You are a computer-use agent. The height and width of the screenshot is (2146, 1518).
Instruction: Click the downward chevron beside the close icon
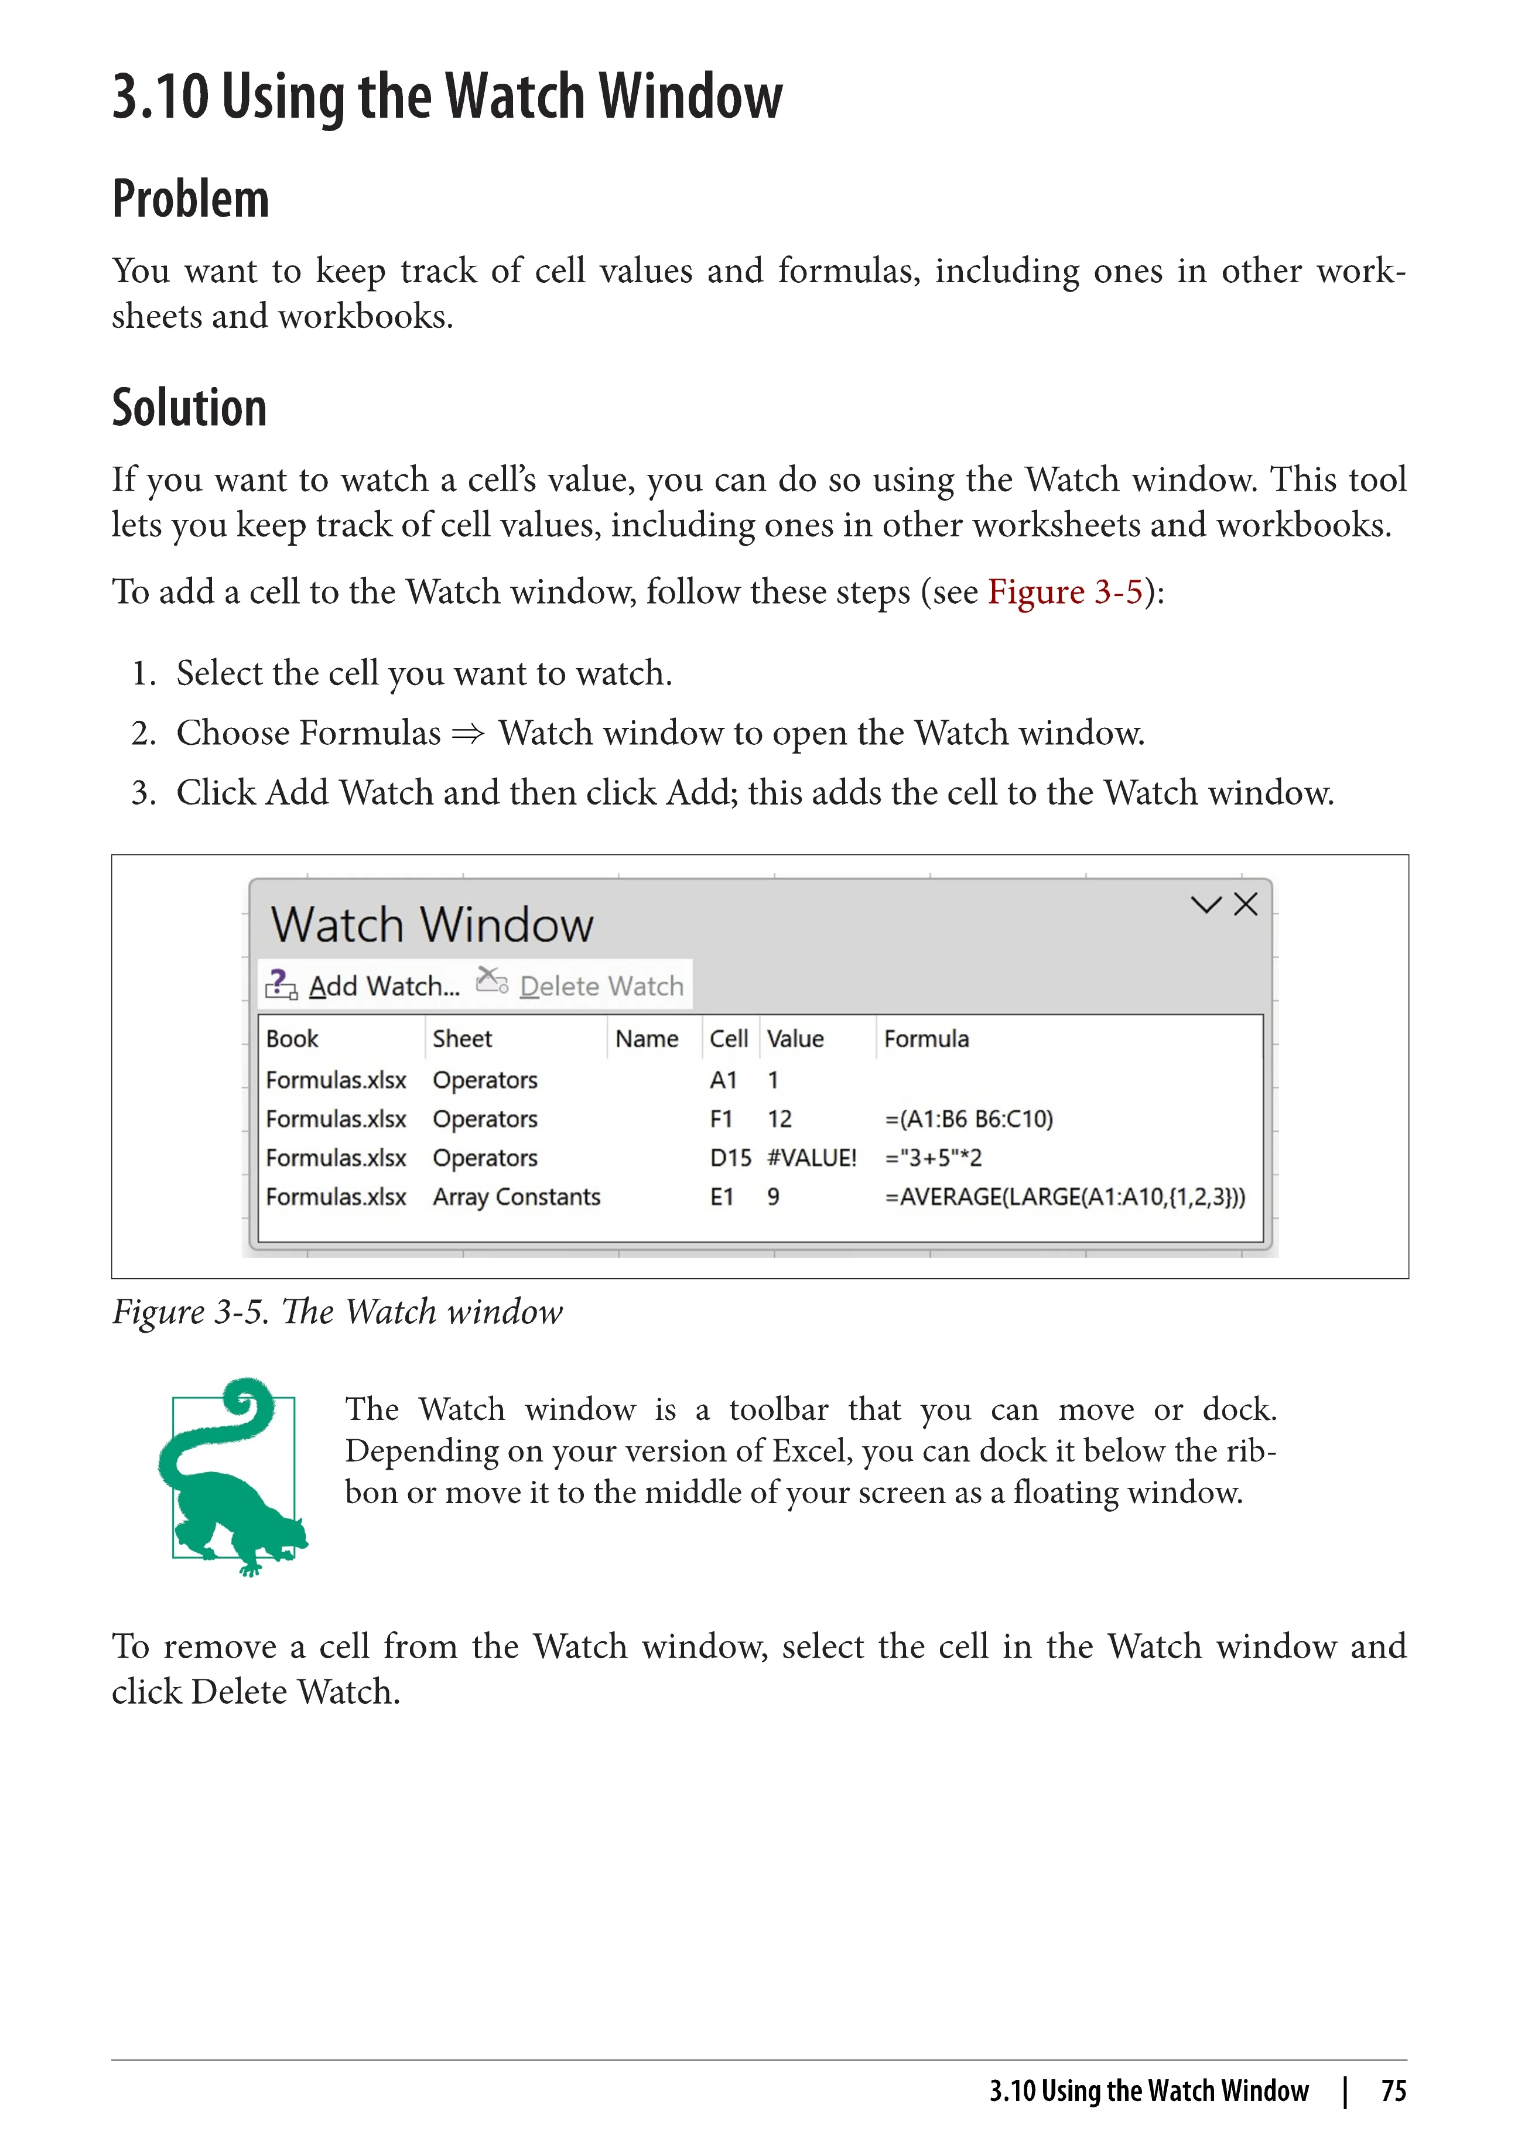click(x=1206, y=904)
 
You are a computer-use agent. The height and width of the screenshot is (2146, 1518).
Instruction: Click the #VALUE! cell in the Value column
click(x=811, y=1158)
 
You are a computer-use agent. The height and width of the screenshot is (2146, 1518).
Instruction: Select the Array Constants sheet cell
click(x=516, y=1197)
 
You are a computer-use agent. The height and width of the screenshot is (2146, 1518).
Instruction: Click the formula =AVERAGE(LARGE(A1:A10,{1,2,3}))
click(x=1065, y=1197)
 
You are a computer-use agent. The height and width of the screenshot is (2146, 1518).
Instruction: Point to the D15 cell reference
click(x=730, y=1158)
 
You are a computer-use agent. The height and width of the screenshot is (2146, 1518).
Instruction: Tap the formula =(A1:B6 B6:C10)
click(x=969, y=1119)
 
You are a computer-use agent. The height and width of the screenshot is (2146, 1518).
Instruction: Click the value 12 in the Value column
click(x=779, y=1119)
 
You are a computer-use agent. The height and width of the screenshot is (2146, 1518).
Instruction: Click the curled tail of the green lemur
click(x=251, y=1406)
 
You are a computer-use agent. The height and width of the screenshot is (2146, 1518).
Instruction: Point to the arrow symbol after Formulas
click(x=469, y=734)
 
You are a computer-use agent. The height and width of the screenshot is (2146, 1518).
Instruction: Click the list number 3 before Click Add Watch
click(x=143, y=793)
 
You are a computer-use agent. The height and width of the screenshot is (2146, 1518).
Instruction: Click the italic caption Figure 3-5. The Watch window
click(x=337, y=1312)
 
